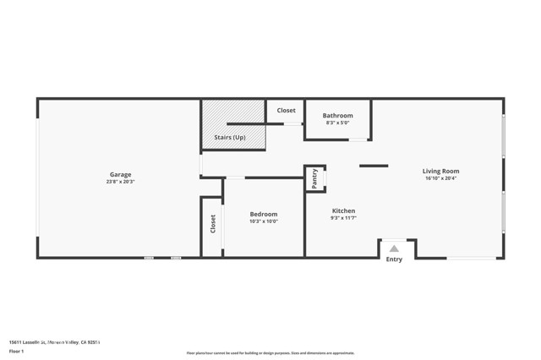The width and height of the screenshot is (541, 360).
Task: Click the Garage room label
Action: (120, 175)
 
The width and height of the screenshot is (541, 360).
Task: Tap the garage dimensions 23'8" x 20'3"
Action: (120, 182)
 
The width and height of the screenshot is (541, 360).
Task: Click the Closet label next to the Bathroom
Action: (286, 111)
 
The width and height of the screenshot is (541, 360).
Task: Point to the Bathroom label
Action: (337, 116)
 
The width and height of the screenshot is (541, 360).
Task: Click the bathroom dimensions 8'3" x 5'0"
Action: (337, 123)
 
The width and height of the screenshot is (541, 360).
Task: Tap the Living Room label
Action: (440, 172)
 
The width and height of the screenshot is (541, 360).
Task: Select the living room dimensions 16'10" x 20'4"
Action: (440, 178)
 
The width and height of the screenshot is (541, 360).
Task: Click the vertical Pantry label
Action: (314, 178)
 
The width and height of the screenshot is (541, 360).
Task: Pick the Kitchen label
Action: (343, 211)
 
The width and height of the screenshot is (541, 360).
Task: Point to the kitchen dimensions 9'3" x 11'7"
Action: (343, 218)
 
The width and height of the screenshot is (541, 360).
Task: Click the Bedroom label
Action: (263, 215)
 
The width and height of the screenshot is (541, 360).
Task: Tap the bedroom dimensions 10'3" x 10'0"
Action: (263, 221)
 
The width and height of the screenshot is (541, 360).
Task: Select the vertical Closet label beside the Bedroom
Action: (213, 224)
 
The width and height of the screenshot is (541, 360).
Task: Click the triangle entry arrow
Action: (394, 248)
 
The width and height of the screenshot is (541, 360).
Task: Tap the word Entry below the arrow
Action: (394, 259)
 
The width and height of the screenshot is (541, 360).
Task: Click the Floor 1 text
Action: (16, 351)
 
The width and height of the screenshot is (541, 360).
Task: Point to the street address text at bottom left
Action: (54, 342)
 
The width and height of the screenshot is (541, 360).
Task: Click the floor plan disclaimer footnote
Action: (270, 353)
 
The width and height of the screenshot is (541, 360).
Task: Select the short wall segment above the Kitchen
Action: (373, 166)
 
